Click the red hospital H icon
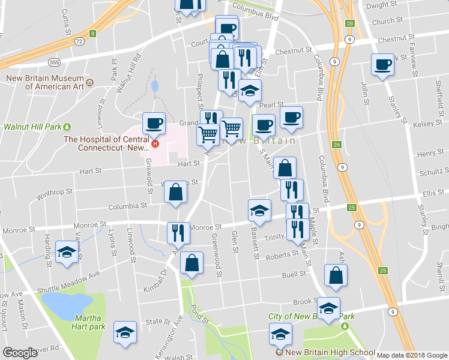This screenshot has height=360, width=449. point(155,143)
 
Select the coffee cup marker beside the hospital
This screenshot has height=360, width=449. point(154,124)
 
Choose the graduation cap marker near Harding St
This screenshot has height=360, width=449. point(67,252)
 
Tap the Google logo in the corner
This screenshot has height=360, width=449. point(20,353)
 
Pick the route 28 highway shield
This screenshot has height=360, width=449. point(349,23)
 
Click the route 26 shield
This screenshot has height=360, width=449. point(337,145)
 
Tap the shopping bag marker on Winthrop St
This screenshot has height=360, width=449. point(175,193)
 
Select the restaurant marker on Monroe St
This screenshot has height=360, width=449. point(178,233)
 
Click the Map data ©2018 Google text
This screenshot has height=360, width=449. point(412,355)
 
